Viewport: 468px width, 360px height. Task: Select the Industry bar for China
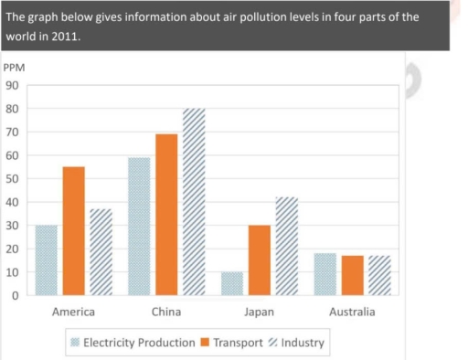pyautogui.click(x=193, y=202)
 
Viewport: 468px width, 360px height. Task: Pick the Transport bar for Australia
pyautogui.click(x=351, y=275)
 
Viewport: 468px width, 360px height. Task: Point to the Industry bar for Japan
pyautogui.click(x=286, y=246)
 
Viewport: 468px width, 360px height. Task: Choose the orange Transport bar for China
pyautogui.click(x=166, y=215)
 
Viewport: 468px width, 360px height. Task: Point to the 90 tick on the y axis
pyautogui.click(x=13, y=86)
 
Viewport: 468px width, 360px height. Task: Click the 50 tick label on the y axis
pyautogui.click(x=13, y=179)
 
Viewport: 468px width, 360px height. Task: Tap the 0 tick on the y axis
pyautogui.click(x=16, y=296)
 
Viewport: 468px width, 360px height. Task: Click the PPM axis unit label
pyautogui.click(x=15, y=69)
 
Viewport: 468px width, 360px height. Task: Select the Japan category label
pyautogui.click(x=260, y=312)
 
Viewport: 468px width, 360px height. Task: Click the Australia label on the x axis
pyautogui.click(x=351, y=312)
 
